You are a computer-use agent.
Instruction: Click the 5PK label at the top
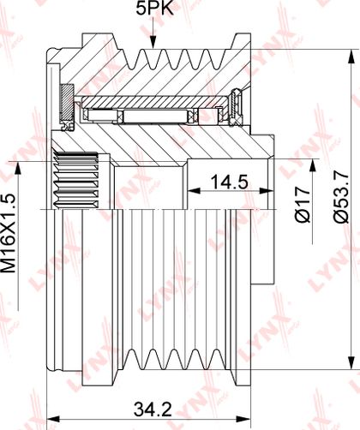(x=154, y=9)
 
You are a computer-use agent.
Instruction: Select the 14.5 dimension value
(x=229, y=182)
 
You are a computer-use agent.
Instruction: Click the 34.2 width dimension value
(x=153, y=409)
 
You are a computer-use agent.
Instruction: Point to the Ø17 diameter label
(x=303, y=204)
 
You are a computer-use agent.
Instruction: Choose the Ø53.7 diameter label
(x=341, y=198)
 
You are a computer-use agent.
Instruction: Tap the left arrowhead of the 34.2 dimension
(x=53, y=420)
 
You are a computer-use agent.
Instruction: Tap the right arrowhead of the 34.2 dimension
(x=243, y=420)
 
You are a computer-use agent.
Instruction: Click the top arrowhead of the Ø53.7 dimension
(x=351, y=56)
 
